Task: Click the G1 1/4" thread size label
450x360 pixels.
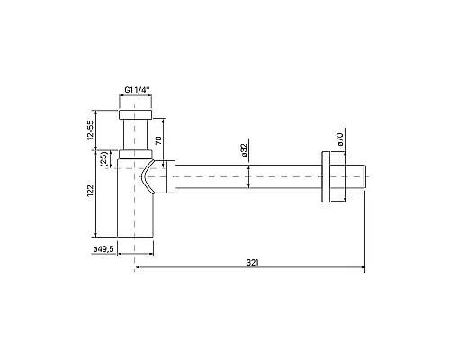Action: tap(138, 90)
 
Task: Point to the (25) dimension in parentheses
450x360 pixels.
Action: tap(104, 160)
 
